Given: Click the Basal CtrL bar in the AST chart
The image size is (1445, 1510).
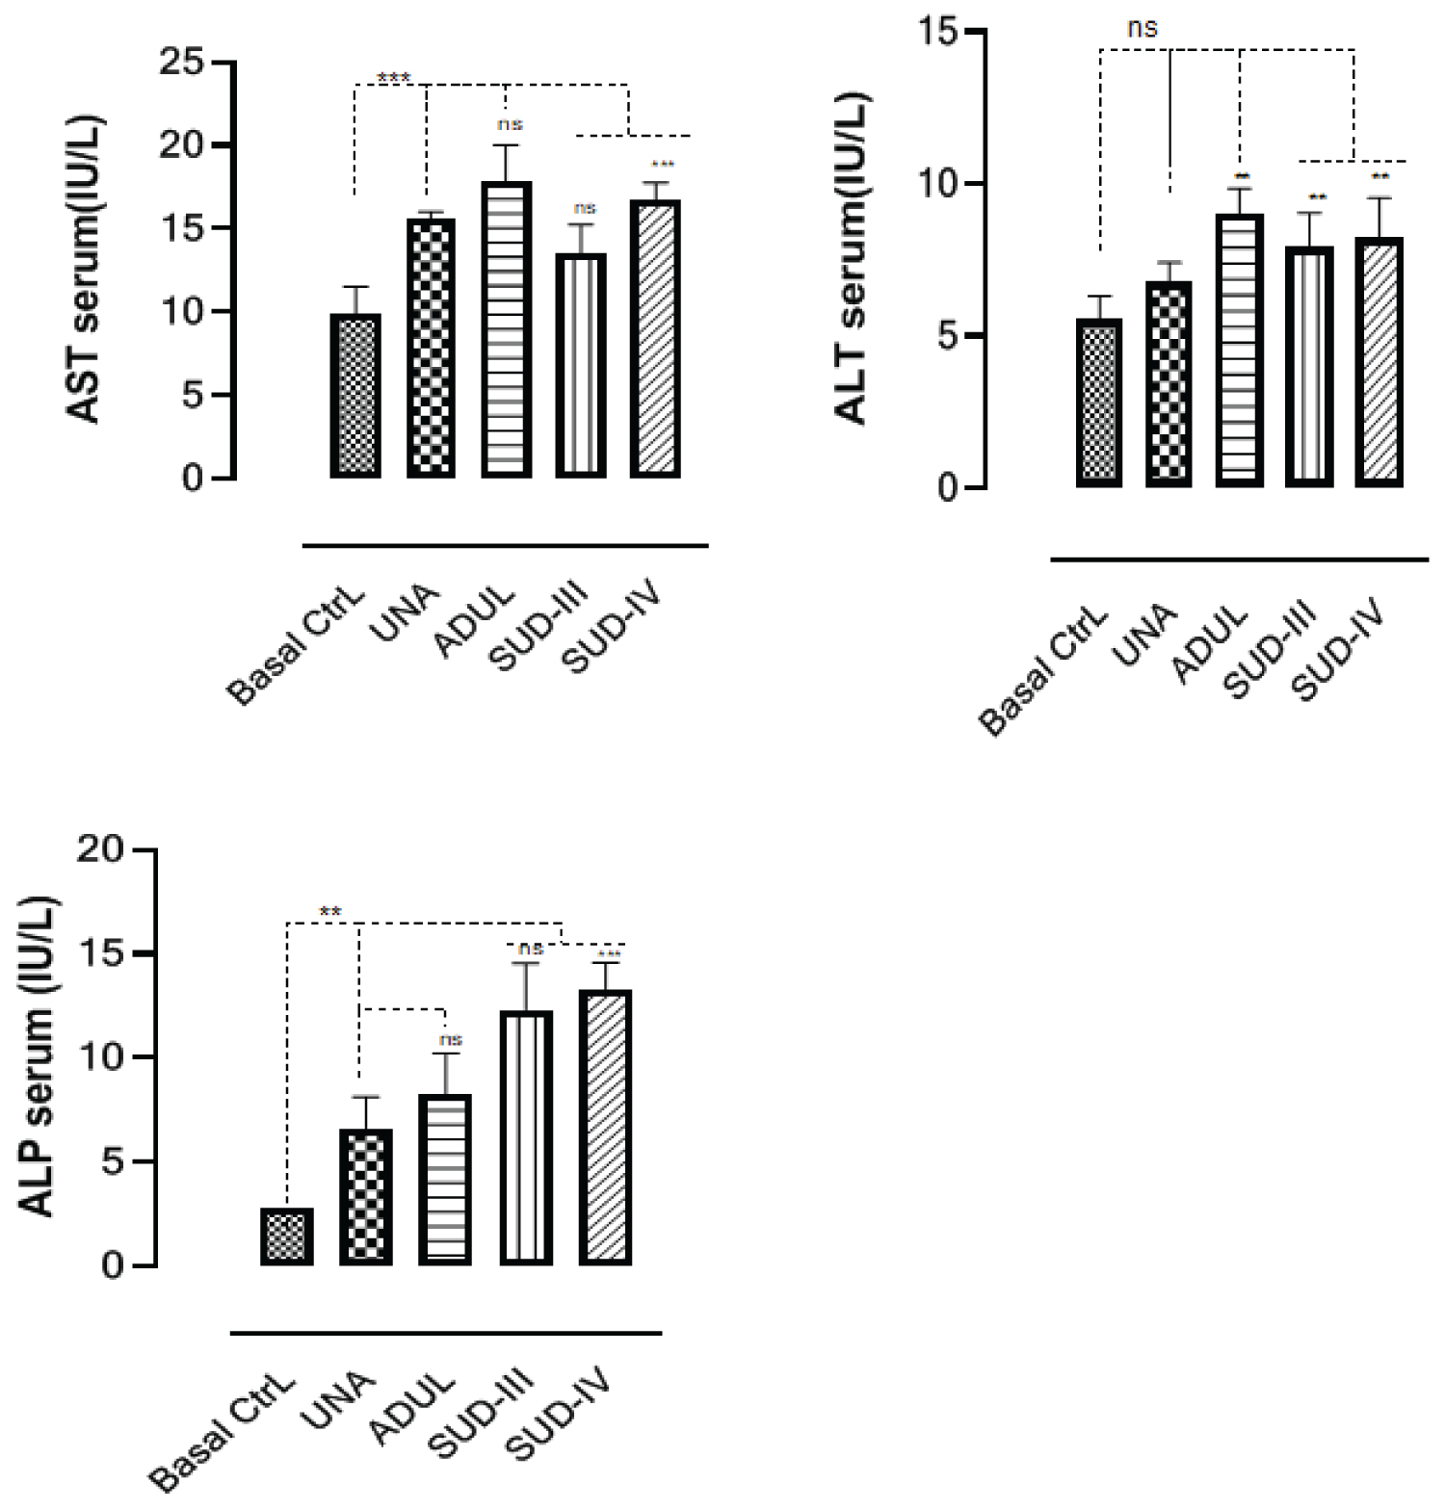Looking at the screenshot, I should [x=355, y=396].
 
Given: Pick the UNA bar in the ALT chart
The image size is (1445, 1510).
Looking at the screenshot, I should [x=1169, y=384].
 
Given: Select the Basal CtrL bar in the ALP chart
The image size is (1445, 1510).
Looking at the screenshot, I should [x=287, y=1237].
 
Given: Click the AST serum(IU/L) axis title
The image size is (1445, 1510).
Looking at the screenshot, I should [x=85, y=271].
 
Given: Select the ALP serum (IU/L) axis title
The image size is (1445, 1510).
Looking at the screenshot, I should [x=39, y=1057].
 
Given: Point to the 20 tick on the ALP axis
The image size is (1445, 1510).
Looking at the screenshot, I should [x=104, y=850].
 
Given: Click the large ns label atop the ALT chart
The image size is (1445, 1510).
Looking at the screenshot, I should [x=1142, y=28].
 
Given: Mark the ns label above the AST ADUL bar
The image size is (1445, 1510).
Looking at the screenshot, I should [x=510, y=124].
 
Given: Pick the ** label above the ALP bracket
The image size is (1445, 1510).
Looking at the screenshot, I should [x=330, y=911].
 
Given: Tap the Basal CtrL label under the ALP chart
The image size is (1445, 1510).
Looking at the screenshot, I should [x=223, y=1435].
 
